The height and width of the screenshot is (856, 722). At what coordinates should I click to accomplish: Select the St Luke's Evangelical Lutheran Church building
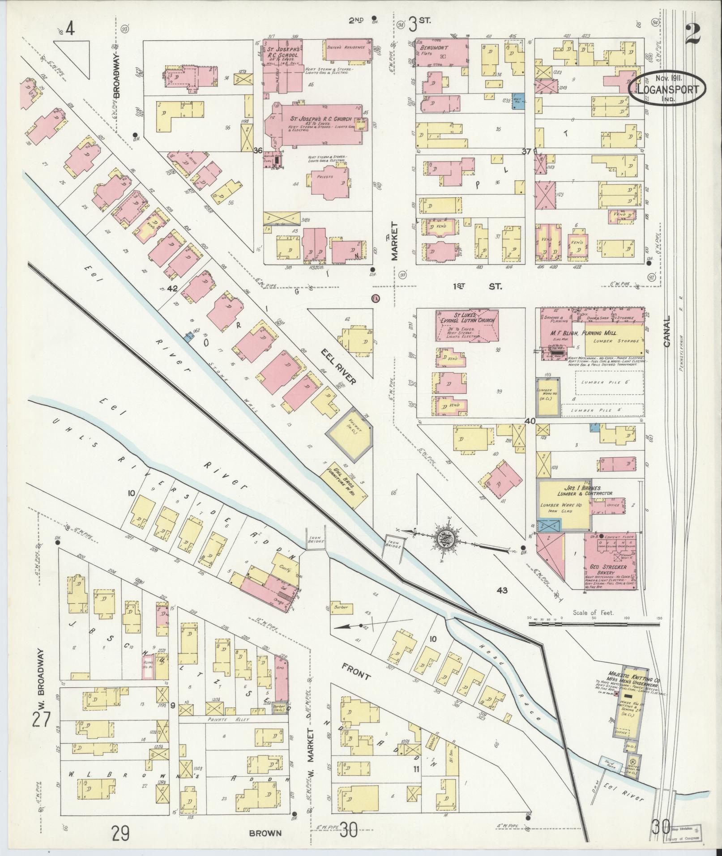pyautogui.click(x=467, y=325)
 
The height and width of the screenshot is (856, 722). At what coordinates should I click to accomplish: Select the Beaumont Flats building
pyautogui.click(x=442, y=52)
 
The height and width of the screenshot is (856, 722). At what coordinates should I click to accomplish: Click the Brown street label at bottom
pyautogui.click(x=265, y=833)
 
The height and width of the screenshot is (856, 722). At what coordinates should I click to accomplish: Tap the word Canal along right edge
pyautogui.click(x=667, y=331)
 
